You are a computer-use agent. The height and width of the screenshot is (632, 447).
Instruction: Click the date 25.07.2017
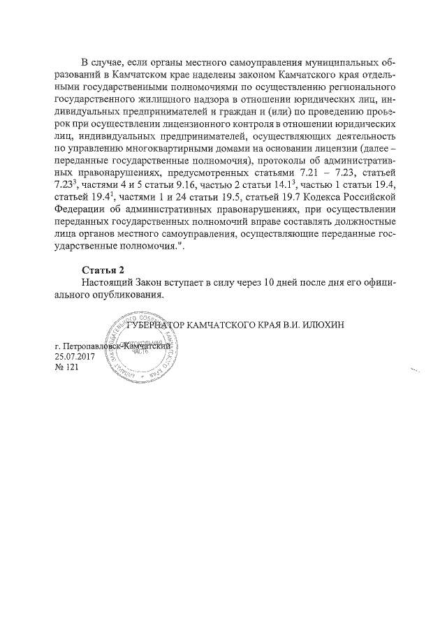tap(74, 357)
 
